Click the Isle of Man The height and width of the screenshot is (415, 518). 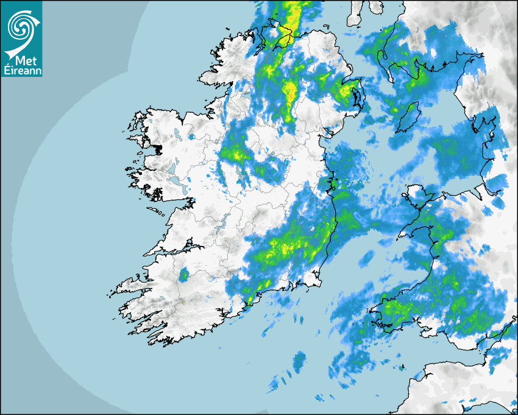(x=409, y=116)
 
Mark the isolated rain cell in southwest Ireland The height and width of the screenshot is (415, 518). (x=183, y=275)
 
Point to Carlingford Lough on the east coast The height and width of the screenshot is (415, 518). (x=332, y=130)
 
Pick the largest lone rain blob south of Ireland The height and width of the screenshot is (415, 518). (x=299, y=361)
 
